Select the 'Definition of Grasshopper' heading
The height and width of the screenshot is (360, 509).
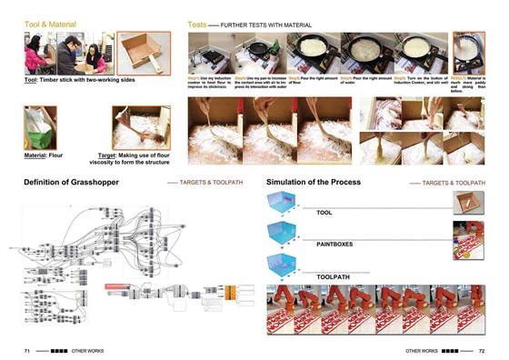[x=71, y=183]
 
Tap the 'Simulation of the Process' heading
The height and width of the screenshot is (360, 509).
[x=314, y=183]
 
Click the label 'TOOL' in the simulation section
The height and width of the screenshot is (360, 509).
[x=324, y=213]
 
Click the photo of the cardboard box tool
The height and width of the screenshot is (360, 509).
[x=144, y=53]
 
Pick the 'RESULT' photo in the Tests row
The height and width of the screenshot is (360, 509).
[x=468, y=54]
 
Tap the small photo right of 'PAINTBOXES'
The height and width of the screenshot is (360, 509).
[x=467, y=238]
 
